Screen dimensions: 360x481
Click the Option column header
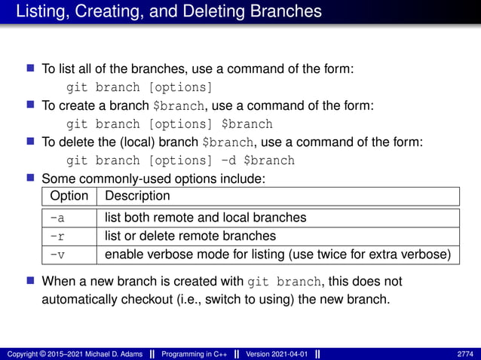[x=69, y=196]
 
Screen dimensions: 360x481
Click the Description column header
[x=138, y=196]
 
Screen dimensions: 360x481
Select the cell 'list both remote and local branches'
[x=205, y=218]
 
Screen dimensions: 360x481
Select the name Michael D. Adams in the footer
[x=109, y=354]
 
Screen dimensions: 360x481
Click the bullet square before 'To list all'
[x=31, y=68]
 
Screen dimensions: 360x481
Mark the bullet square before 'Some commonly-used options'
[x=31, y=178]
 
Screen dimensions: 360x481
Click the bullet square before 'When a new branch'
[x=31, y=281]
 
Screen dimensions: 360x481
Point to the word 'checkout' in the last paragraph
[x=187, y=300]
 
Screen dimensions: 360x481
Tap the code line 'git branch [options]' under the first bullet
[x=140, y=87]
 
